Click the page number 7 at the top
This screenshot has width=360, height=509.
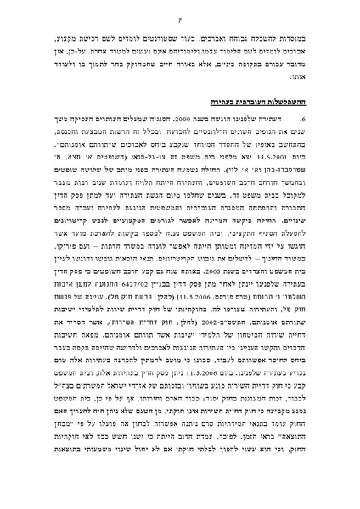pos(180,14)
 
